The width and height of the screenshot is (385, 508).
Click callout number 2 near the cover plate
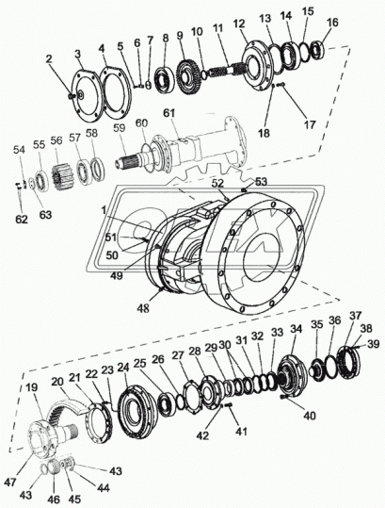point(49,58)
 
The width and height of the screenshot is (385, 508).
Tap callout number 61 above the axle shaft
point(168,113)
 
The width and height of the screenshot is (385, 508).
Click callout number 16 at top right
point(331,22)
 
